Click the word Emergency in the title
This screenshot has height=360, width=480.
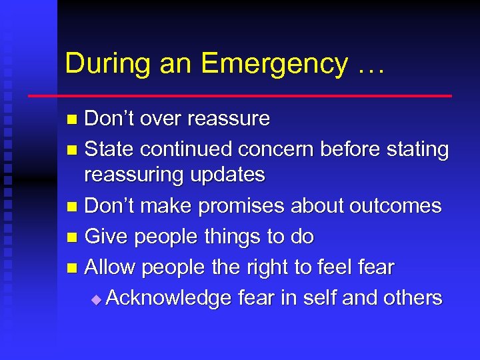274,65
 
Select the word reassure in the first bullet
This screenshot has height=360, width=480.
229,119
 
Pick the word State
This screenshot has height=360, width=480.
109,149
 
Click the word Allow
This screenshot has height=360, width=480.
112,267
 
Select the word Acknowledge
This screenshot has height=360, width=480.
169,298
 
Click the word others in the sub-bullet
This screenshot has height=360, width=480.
411,297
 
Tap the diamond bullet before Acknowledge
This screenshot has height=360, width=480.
97,300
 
